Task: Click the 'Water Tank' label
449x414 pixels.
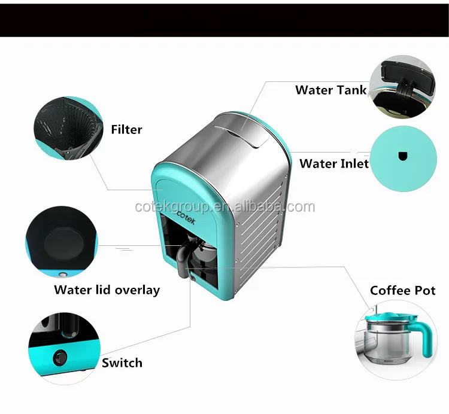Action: click(x=330, y=90)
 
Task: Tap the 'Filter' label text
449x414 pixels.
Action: click(x=126, y=129)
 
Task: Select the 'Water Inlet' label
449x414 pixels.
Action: click(x=334, y=163)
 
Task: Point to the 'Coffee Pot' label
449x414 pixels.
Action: click(x=402, y=291)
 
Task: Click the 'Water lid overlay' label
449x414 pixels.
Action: click(x=107, y=290)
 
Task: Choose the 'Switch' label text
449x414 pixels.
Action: click(x=122, y=363)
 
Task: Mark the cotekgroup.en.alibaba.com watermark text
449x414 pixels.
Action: click(x=224, y=207)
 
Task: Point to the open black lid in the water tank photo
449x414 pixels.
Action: click(x=408, y=71)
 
